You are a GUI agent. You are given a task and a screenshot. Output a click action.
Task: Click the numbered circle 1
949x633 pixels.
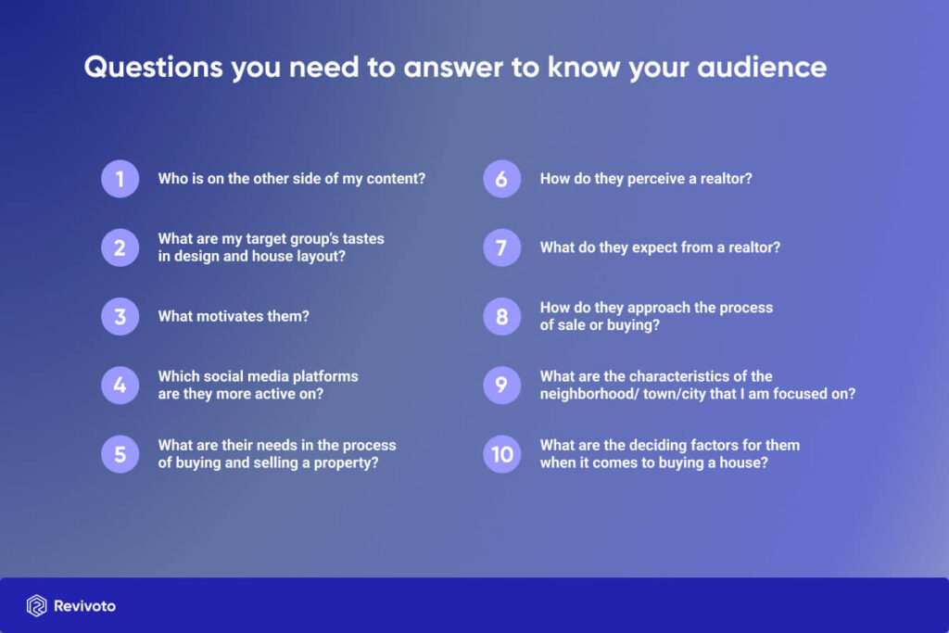[x=120, y=179]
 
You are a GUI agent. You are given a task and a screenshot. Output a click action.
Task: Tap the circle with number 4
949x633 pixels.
[x=120, y=385]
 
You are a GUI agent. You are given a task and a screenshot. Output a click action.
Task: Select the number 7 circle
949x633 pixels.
[x=501, y=247]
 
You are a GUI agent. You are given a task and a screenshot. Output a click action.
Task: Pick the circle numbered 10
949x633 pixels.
[x=501, y=454]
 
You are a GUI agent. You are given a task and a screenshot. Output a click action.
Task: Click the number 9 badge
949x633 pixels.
[x=501, y=385]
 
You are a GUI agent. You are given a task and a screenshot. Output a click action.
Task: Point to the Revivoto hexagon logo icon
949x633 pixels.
[x=36, y=606]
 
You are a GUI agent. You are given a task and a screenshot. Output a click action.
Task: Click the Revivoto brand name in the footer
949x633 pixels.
[x=84, y=606]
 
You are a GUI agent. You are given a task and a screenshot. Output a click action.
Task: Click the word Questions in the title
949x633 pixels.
[x=154, y=67]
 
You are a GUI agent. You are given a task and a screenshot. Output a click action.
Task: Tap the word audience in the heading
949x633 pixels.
[x=762, y=67]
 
